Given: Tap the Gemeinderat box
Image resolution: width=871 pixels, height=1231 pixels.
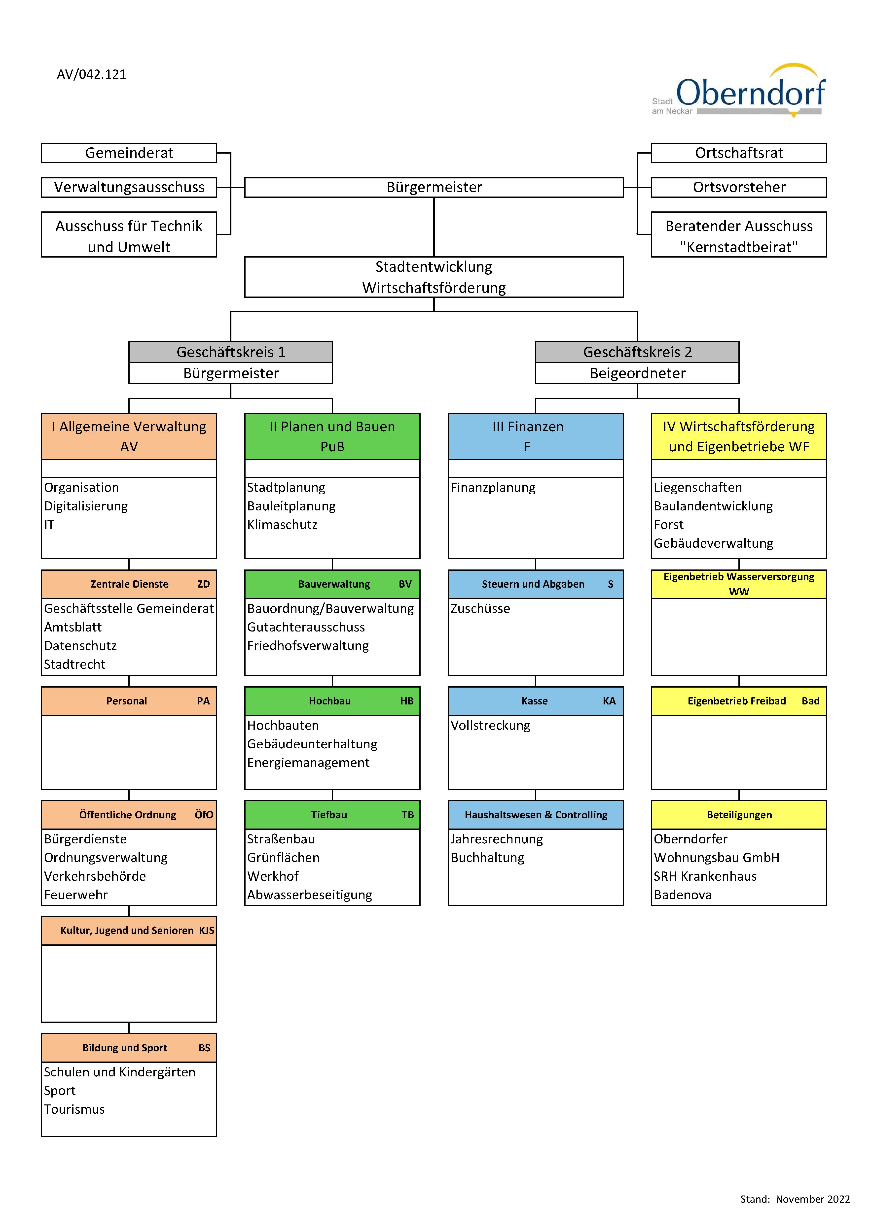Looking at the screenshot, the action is coord(129,153).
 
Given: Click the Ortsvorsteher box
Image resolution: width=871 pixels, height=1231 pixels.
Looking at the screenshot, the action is coord(739,187).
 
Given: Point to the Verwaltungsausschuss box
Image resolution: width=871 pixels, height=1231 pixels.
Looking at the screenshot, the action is coord(129,187).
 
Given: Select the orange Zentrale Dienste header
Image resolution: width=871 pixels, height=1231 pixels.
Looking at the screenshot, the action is coord(129,584).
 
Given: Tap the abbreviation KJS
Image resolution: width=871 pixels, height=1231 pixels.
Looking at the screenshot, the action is coord(207,930).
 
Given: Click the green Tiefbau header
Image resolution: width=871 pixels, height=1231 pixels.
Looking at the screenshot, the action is coord(332,814).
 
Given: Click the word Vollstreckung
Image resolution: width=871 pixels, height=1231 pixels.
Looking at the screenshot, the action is coord(490,725).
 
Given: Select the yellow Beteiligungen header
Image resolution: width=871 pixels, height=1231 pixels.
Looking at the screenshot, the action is coord(739,814).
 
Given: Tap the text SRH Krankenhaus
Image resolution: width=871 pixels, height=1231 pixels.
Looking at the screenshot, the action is coord(705,876).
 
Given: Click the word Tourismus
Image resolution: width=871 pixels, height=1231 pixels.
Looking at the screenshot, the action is coord(74,1109).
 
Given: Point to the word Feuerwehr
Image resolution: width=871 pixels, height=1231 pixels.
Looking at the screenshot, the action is coord(76,895).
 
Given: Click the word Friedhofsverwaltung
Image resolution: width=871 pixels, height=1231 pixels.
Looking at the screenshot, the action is coord(308,646).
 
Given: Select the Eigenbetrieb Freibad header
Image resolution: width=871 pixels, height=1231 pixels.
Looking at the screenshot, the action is coord(739,701).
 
